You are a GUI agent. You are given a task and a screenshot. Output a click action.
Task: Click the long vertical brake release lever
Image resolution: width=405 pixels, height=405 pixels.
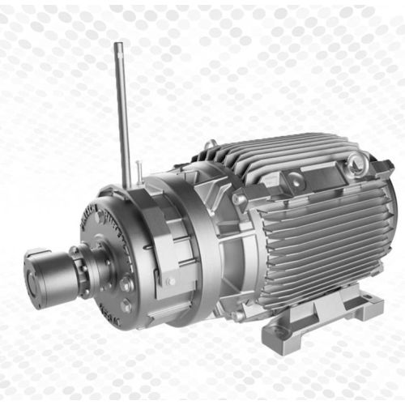122,113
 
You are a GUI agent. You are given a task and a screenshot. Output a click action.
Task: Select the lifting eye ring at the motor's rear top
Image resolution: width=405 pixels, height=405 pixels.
356,167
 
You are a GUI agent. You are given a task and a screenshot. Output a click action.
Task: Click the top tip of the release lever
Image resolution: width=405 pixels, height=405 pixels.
118,46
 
